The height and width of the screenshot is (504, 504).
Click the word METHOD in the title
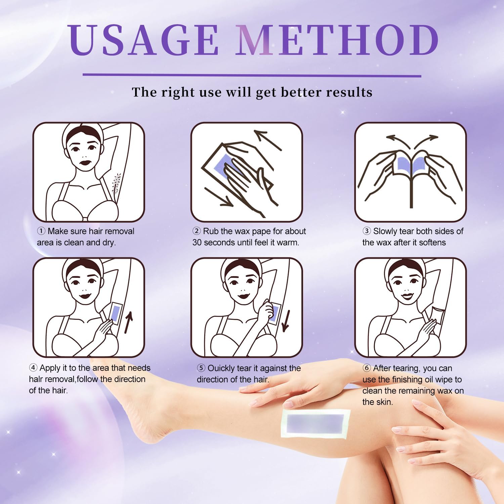pyautogui.click(x=337, y=40)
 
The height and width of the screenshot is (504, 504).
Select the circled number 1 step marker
pyautogui.click(x=41, y=231)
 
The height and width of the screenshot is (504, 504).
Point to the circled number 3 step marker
pyautogui.click(x=367, y=231)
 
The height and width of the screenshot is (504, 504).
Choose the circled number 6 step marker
pyautogui.click(x=367, y=368)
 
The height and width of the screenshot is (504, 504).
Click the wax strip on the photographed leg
pyautogui.click(x=316, y=423)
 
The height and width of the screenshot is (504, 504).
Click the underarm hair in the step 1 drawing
pyautogui.click(x=116, y=184)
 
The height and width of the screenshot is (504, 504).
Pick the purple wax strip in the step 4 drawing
pyautogui.click(x=117, y=313)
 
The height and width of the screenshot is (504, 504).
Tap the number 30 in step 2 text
pyautogui.click(x=197, y=243)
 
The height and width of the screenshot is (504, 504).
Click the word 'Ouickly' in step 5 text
pyautogui.click(x=221, y=368)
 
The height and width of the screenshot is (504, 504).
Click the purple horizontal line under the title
pyautogui.click(x=252, y=75)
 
